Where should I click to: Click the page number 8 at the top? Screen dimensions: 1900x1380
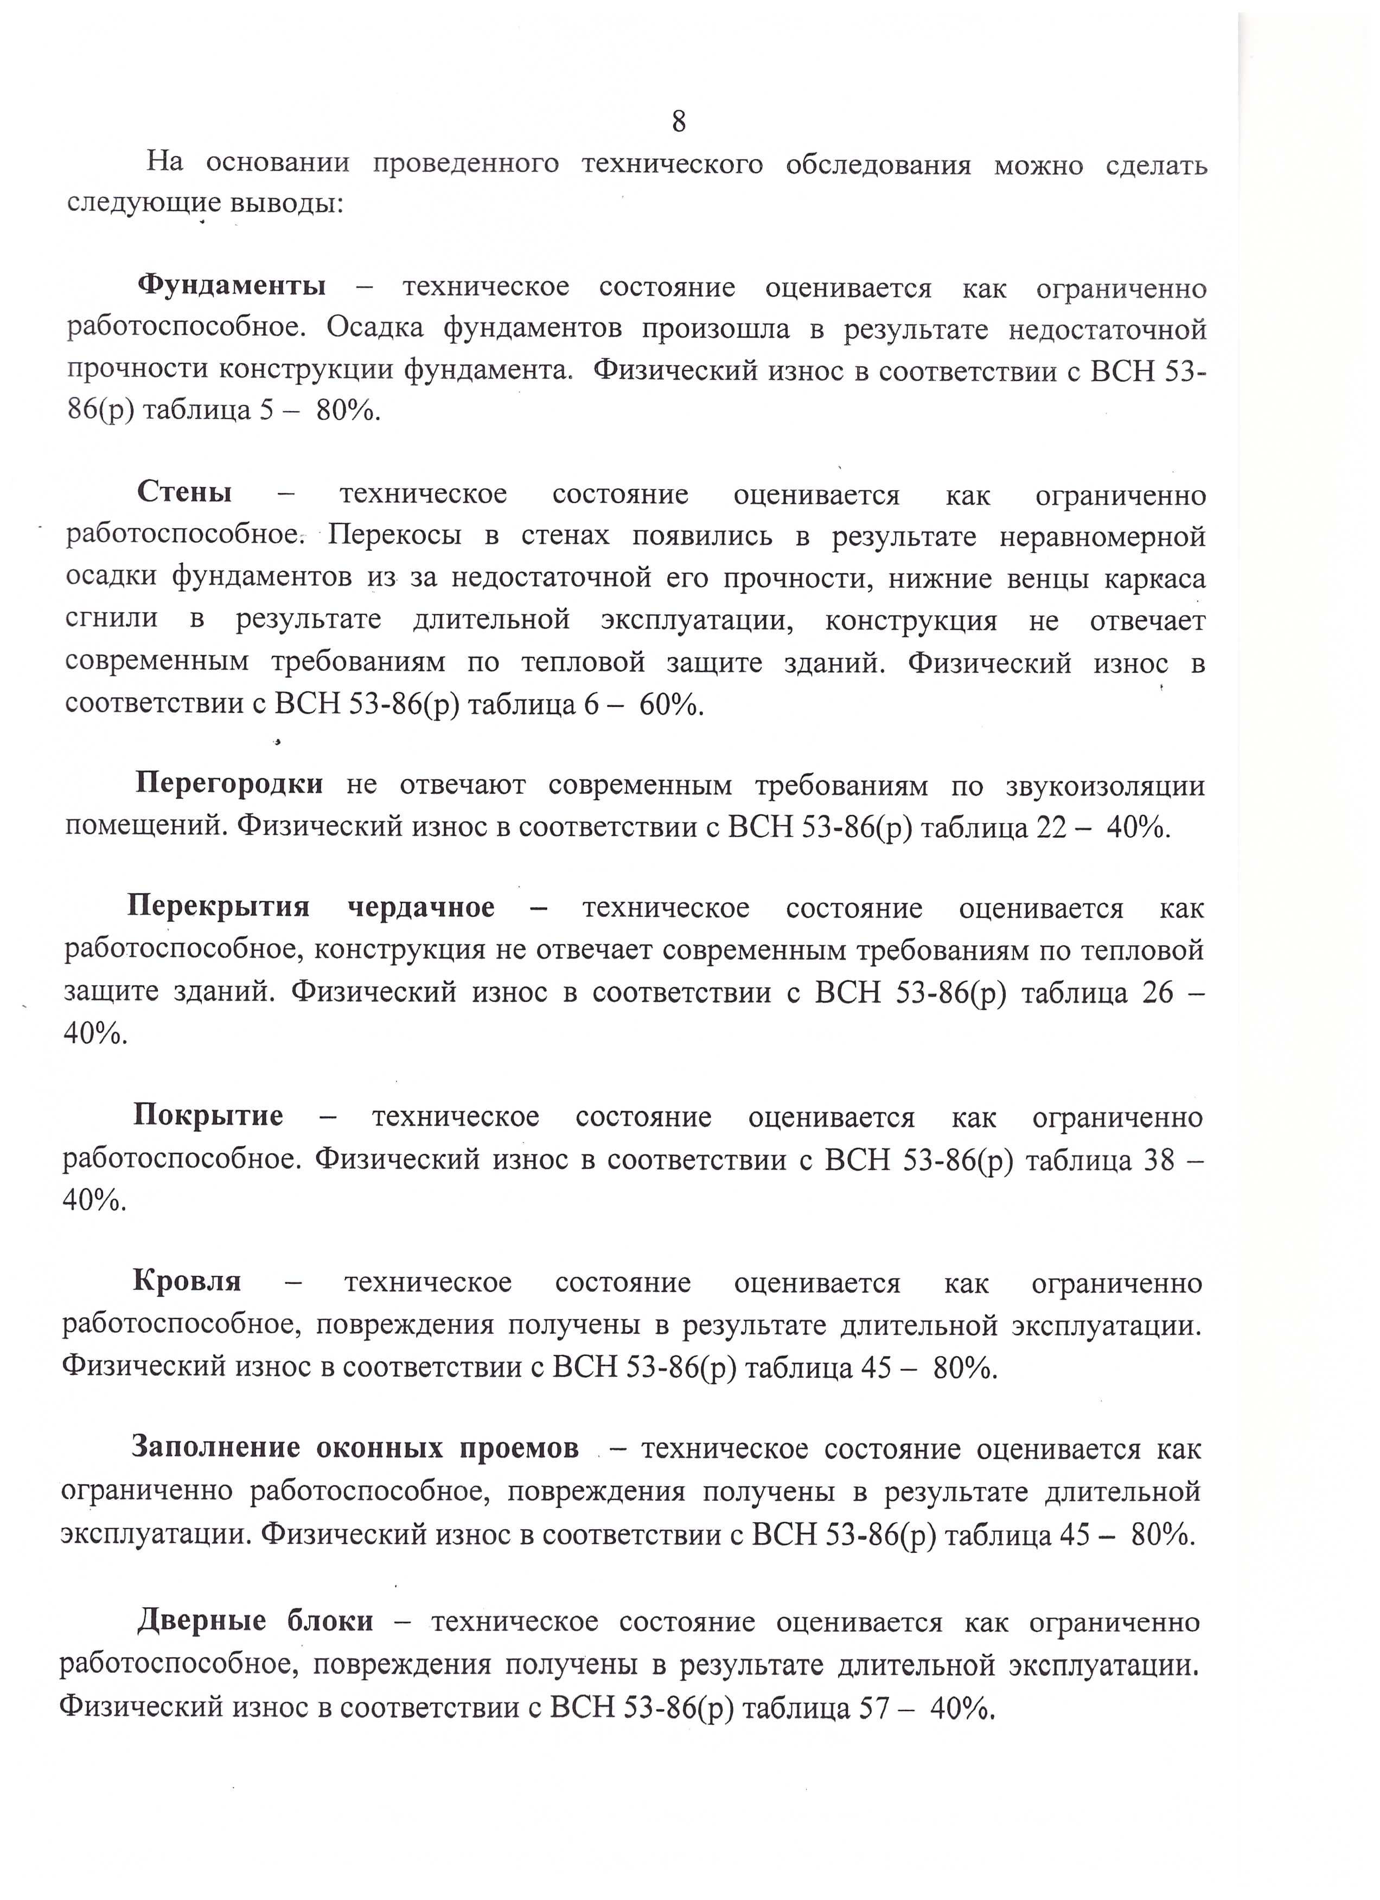679,123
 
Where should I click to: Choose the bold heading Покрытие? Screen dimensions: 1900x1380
208,1116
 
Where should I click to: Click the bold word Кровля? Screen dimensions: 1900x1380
187,1282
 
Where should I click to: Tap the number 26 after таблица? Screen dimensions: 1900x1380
1157,993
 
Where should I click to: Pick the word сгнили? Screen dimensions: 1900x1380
111,620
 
